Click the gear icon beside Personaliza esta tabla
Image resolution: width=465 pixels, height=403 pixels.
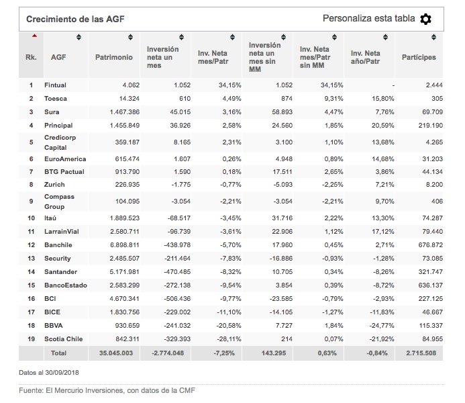tap(425, 19)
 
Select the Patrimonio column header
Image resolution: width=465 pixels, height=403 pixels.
tap(114, 57)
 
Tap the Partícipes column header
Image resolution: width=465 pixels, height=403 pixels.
tap(419, 57)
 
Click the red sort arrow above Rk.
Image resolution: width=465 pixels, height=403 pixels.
tap(35, 36)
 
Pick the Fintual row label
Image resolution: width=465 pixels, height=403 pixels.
tap(55, 85)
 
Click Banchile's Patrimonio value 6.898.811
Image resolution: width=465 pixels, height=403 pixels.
tap(125, 245)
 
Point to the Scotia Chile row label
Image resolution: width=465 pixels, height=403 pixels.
tap(64, 339)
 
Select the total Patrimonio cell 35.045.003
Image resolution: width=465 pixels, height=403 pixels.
tap(116, 353)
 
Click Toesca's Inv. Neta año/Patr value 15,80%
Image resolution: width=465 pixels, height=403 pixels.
tap(383, 99)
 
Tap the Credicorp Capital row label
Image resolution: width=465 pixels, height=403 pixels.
tap(60, 142)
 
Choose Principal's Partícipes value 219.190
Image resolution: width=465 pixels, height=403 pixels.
tap(431, 126)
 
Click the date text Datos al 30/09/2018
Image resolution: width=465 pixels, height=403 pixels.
tap(49, 373)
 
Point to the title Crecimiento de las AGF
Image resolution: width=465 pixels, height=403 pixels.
tap(75, 19)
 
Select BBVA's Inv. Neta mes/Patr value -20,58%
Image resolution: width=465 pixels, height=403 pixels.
tap(229, 326)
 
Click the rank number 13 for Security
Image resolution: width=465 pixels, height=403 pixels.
tap(31, 259)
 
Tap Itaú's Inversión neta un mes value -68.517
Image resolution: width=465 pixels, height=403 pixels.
tap(179, 218)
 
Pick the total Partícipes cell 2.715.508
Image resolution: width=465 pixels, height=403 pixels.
tap(421, 353)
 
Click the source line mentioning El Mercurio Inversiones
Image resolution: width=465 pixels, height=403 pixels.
tap(107, 390)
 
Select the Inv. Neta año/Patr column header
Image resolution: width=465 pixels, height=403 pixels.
tap(365, 57)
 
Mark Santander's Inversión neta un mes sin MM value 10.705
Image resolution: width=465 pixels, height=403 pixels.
tap(282, 272)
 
